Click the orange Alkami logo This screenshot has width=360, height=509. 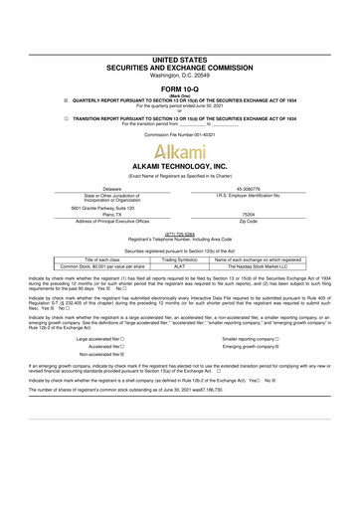tap(180, 151)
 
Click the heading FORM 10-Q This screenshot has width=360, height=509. tap(180, 61)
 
